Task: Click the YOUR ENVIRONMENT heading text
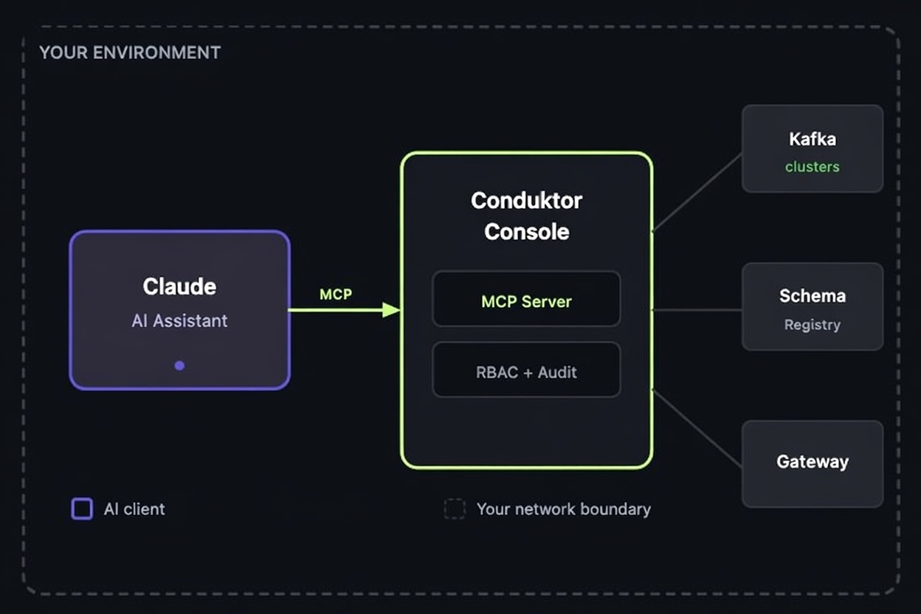129,53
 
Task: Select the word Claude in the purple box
179,286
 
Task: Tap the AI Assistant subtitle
179,321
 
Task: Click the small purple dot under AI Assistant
179,365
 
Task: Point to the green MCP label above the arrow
336,294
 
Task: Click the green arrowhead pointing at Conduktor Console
390,310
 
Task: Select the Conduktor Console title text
526,215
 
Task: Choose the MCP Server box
526,299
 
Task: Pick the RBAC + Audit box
526,370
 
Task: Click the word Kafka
813,139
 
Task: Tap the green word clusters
813,167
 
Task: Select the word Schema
813,296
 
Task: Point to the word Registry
813,325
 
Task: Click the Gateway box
813,463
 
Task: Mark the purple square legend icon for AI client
82,509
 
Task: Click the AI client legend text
134,509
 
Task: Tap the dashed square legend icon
455,509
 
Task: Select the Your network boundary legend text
564,509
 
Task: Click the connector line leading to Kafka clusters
697,193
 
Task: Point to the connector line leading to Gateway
697,429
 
